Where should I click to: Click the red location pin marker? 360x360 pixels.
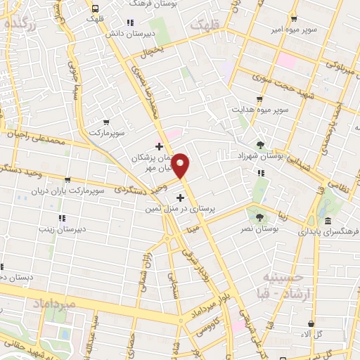181,165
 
